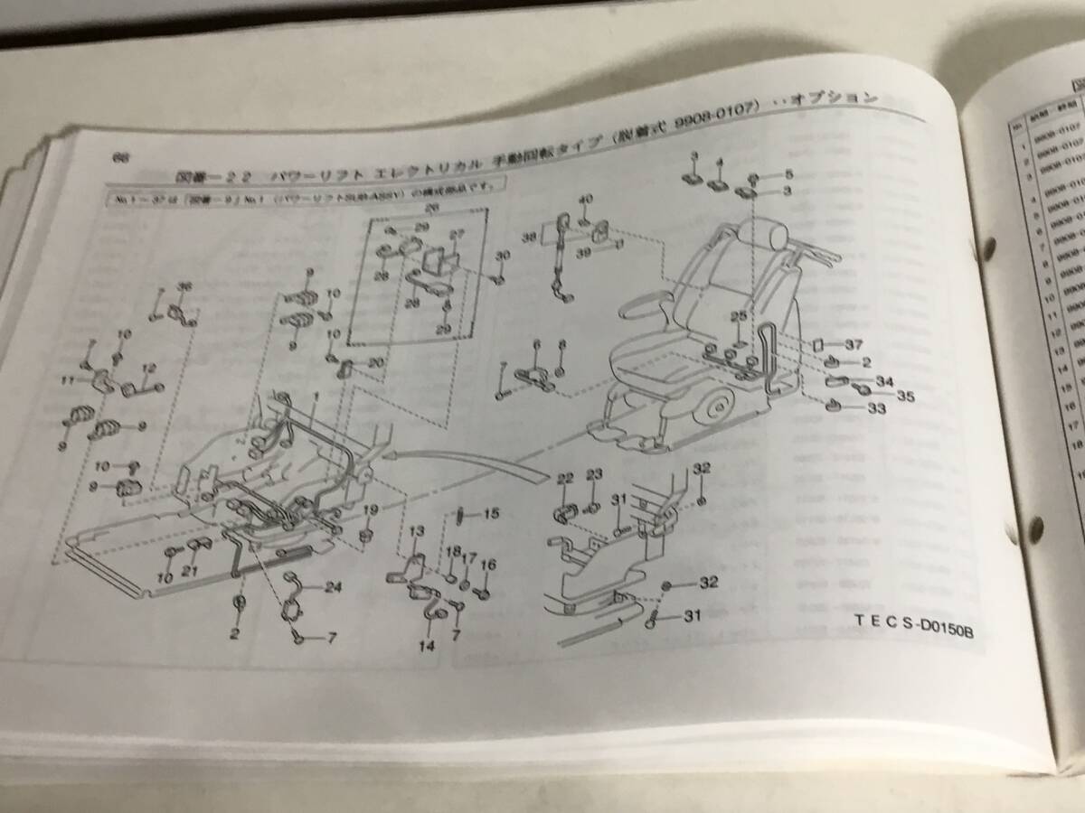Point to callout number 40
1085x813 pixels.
[x=585, y=200]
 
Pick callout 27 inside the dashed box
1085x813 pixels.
[x=457, y=234]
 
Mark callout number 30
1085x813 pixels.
[x=503, y=256]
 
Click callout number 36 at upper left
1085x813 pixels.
[x=185, y=287]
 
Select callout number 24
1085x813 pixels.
[x=334, y=587]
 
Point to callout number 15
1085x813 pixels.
[x=491, y=514]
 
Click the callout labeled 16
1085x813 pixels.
[x=488, y=565]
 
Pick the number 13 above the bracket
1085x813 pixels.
[x=417, y=530]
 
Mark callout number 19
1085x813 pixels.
[x=370, y=511]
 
